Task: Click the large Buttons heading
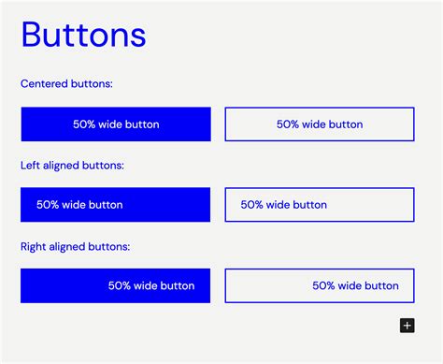pos(83,35)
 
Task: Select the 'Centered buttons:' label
pos(66,84)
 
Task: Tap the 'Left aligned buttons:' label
pos(72,166)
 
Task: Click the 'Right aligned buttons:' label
pos(75,247)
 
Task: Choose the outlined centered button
pos(320,124)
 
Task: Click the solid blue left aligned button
pos(115,205)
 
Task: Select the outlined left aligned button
pos(320,205)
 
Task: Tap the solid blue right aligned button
pos(115,285)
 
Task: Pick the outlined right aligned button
pos(320,285)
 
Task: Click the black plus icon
pos(407,326)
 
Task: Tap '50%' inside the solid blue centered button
pos(85,124)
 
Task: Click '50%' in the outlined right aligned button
pos(324,285)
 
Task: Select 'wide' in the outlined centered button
pos(315,124)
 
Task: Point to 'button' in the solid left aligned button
pos(106,205)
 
